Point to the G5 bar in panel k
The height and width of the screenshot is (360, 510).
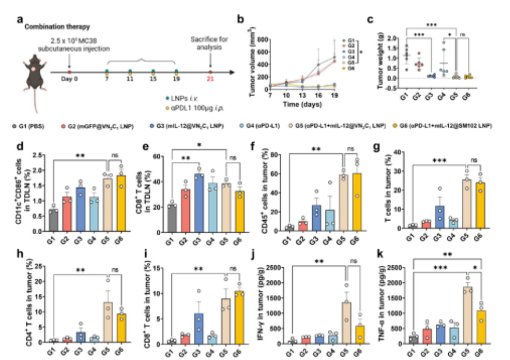(x=467, y=316)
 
